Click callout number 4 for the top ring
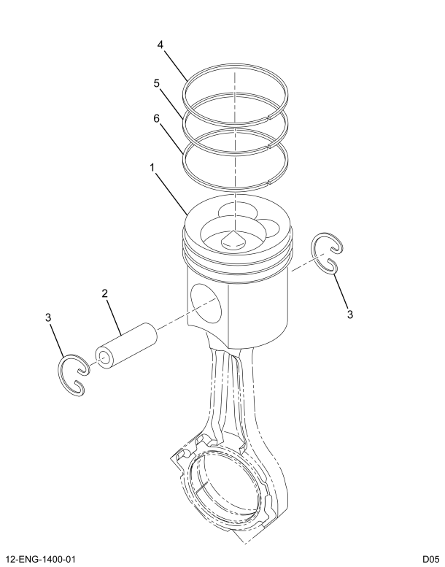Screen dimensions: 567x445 coord(160,45)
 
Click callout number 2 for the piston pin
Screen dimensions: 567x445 coord(105,293)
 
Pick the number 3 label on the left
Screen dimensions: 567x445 coord(48,317)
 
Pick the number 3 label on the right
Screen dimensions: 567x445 coord(350,314)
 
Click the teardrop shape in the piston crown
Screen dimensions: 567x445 coord(233,240)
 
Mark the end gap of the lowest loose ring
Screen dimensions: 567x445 coord(271,180)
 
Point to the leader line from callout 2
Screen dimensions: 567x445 coord(116,315)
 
